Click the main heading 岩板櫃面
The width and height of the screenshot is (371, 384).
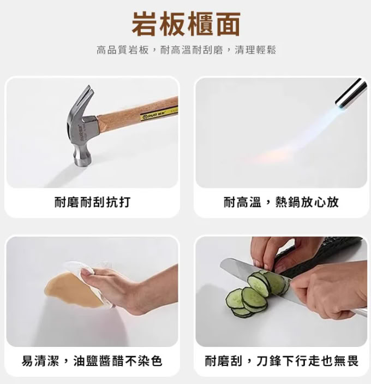click(x=186, y=24)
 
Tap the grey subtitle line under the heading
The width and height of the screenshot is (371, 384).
click(x=187, y=50)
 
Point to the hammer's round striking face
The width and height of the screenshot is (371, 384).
click(x=83, y=159)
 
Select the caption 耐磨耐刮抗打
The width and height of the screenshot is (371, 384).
click(x=92, y=202)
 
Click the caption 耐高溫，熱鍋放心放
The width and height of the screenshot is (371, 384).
click(x=281, y=202)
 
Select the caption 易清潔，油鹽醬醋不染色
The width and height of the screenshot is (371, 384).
click(x=92, y=361)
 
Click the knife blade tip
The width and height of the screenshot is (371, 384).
click(x=222, y=263)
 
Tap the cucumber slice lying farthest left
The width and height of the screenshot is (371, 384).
click(x=235, y=298)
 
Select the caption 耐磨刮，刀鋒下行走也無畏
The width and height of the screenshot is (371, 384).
click(x=282, y=361)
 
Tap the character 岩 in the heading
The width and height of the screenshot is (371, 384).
click(x=145, y=24)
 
